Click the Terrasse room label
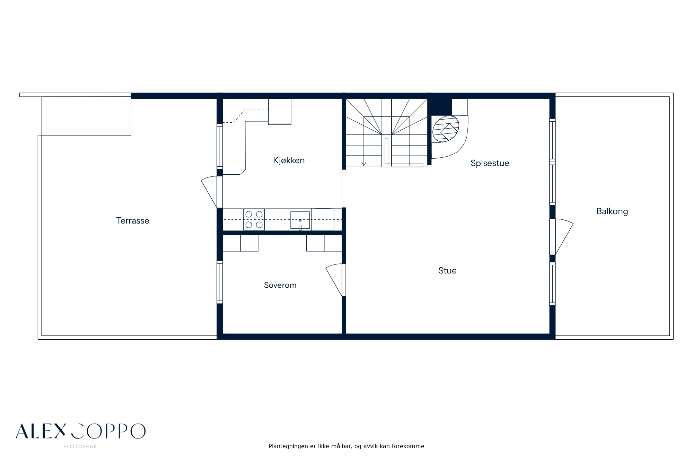pyautogui.click(x=133, y=221)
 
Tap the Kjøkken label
pyautogui.click(x=289, y=160)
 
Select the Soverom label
pyautogui.click(x=280, y=285)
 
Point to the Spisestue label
pyautogui.click(x=490, y=163)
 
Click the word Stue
pyautogui.click(x=447, y=271)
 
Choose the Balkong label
pyautogui.click(x=612, y=211)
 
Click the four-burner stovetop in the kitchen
pyautogui.click(x=254, y=219)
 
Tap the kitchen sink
pyautogui.click(x=300, y=220)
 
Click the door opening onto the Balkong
pyautogui.click(x=561, y=237)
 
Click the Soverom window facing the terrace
pyautogui.click(x=220, y=281)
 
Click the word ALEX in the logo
pyautogui.click(x=41, y=431)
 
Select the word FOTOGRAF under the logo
pyautogui.click(x=80, y=447)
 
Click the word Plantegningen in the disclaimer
pyautogui.click(x=288, y=446)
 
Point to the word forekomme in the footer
pyautogui.click(x=408, y=446)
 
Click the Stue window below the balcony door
pyautogui.click(x=553, y=284)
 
